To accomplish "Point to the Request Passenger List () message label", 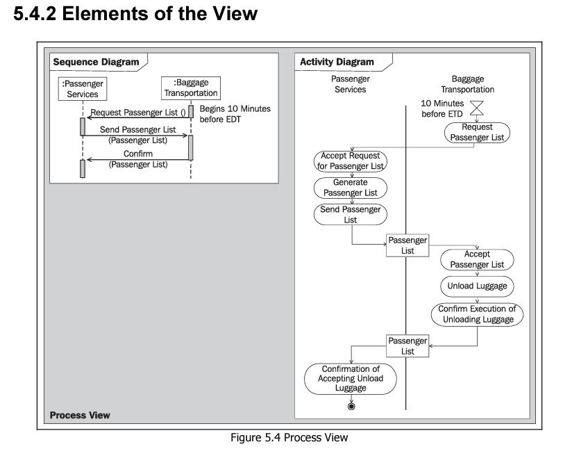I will pyautogui.click(x=138, y=113).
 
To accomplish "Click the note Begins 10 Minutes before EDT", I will pyautogui.click(x=235, y=115).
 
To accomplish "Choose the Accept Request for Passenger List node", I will pyautogui.click(x=350, y=161).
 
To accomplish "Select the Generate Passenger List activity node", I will pyautogui.click(x=350, y=187).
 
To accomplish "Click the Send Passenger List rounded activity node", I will pyautogui.click(x=350, y=214).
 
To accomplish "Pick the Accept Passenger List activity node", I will pyautogui.click(x=476, y=259).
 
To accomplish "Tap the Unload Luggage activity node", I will pyautogui.click(x=476, y=286).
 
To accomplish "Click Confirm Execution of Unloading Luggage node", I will pyautogui.click(x=476, y=314).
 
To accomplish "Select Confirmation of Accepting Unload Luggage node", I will pyautogui.click(x=350, y=379).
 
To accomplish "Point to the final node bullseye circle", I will pyautogui.click(x=351, y=407).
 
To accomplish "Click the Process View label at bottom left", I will pyautogui.click(x=80, y=416).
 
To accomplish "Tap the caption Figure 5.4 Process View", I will pyautogui.click(x=281, y=439).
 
